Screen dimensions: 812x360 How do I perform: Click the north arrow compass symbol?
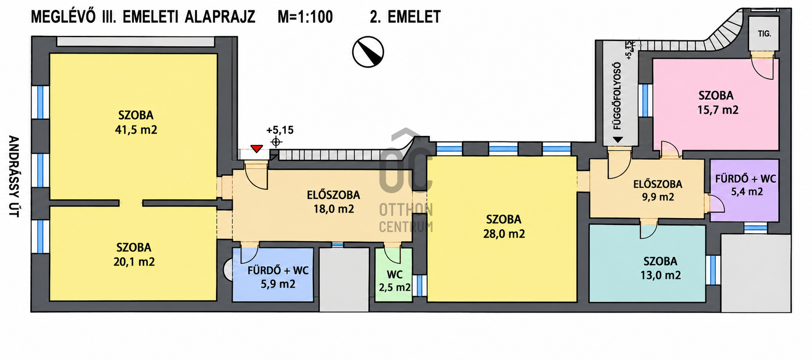368,52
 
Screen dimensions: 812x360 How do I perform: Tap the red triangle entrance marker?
257,149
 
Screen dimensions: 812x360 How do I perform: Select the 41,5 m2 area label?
136,130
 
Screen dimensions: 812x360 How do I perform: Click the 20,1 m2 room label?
134,262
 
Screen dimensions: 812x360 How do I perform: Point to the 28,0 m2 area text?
504,234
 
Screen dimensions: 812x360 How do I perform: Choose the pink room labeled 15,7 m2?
716,103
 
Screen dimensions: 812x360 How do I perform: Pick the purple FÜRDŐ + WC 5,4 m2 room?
744,190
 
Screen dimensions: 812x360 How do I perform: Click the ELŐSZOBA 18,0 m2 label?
334,202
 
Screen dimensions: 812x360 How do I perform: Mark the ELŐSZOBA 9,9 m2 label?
658,191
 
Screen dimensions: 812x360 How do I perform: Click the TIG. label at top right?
765,34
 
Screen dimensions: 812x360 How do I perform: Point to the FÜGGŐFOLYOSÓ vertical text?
617,96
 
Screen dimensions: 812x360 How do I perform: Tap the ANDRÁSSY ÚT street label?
14,176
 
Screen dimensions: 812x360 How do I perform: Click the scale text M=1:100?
305,17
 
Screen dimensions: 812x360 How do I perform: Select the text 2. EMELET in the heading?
405,17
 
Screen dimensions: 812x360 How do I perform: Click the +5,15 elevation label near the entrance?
280,130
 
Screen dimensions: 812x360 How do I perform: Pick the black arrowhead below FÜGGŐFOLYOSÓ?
618,140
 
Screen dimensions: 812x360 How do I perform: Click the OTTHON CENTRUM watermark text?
406,218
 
